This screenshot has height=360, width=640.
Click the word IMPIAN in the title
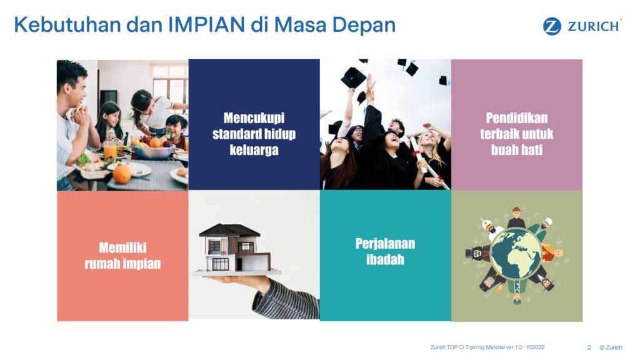[x=206, y=24]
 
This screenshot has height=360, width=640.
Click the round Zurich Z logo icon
[x=552, y=26]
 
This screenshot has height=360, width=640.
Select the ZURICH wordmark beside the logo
[x=594, y=26]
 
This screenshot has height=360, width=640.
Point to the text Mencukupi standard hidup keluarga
[x=254, y=134]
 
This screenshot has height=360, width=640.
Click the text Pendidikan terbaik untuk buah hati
[x=517, y=134]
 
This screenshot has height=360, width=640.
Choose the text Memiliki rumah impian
[x=122, y=256]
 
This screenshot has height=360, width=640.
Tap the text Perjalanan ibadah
[x=385, y=251]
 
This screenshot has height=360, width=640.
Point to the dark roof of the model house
[x=229, y=231]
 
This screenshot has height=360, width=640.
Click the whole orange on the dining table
[x=122, y=174]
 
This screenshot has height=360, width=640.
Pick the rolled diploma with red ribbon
[x=429, y=162]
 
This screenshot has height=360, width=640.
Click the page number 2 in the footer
[x=589, y=347]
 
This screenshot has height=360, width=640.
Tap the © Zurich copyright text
[x=611, y=347]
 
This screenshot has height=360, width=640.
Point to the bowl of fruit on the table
[x=152, y=150]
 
